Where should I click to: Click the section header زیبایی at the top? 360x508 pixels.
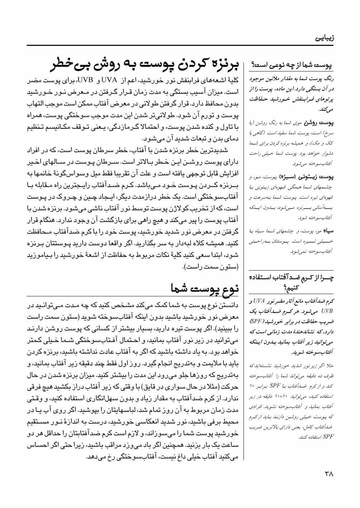[324, 37]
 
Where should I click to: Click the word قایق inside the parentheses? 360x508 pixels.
[152, 387]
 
